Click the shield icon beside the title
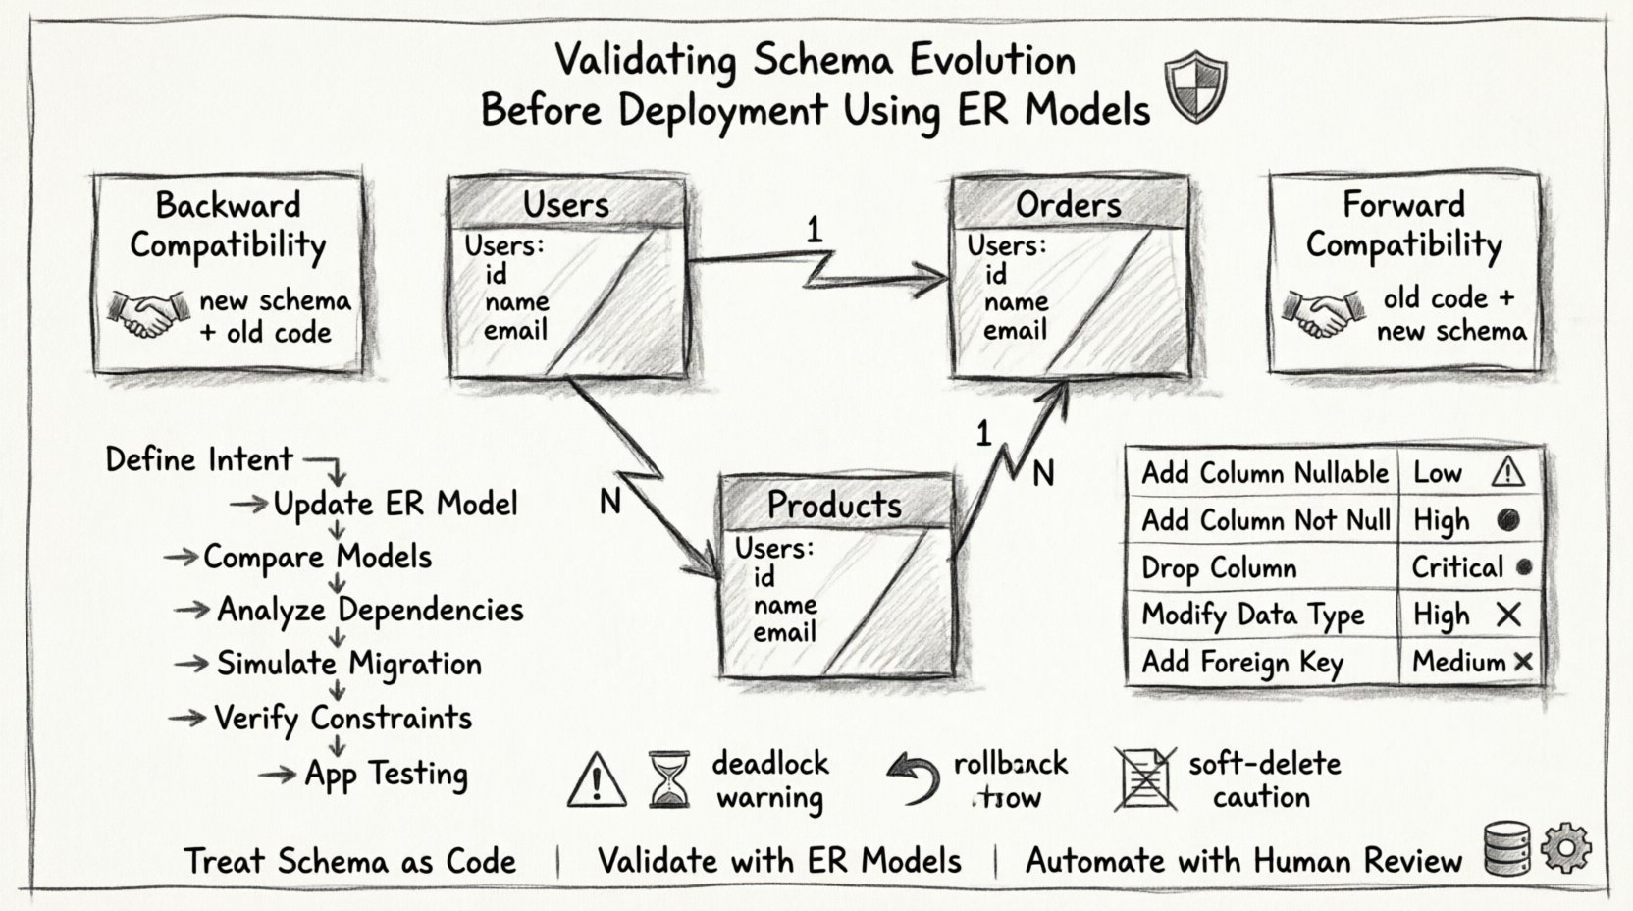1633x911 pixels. [1194, 87]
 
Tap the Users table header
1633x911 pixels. [566, 204]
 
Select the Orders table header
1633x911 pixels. [1069, 204]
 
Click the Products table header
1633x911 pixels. [835, 504]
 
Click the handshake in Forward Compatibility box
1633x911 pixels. [1323, 313]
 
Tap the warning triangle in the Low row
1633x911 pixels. [1507, 473]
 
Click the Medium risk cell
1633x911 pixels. [1469, 662]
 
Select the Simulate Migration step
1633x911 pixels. [348, 664]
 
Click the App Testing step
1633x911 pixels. [386, 774]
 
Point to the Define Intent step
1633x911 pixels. [199, 459]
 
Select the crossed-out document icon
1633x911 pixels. [1143, 779]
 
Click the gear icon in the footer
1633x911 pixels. [1566, 849]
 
